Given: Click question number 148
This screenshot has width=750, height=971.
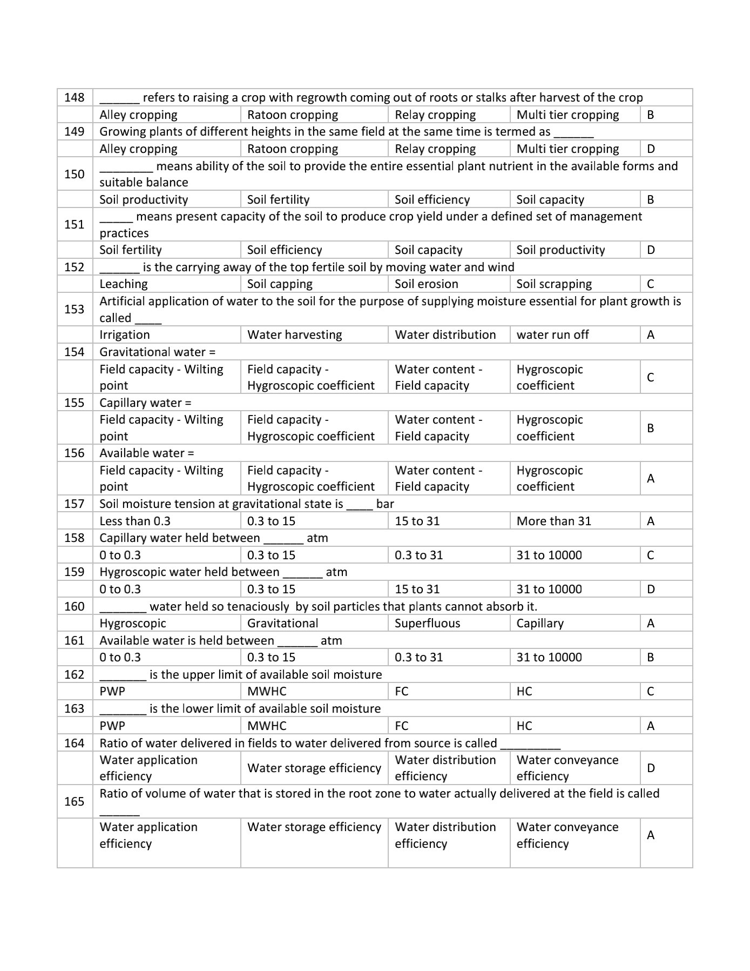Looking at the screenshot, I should tap(74, 98).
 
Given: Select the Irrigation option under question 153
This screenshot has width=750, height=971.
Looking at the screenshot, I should tap(125, 335).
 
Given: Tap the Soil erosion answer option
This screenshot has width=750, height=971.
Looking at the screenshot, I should tap(426, 284).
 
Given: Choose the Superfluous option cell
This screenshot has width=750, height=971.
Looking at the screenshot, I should tap(427, 624).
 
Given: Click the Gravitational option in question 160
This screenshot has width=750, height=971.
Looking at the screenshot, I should tap(282, 624).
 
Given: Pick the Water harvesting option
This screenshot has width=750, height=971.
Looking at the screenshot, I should tap(294, 335).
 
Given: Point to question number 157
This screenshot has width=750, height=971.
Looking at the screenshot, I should tap(74, 504).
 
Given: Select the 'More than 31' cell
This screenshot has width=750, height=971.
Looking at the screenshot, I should tap(553, 521).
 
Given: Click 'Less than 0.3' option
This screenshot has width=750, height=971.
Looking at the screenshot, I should tap(135, 521).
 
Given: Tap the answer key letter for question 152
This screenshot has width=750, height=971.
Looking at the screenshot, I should tap(650, 284).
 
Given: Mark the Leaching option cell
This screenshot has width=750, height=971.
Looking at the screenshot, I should tap(124, 284).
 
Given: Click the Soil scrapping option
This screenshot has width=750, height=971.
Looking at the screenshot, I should tap(554, 284).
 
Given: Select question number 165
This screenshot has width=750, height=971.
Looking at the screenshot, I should tap(74, 801).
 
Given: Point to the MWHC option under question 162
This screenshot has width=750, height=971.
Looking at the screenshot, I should tap(267, 692).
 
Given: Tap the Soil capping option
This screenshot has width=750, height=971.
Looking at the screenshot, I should tap(280, 284).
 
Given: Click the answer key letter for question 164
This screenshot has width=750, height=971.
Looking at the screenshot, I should tap(651, 768).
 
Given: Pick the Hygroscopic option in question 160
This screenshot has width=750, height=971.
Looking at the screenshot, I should tap(133, 624).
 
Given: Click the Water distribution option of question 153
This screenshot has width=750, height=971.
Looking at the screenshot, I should tap(445, 335).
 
